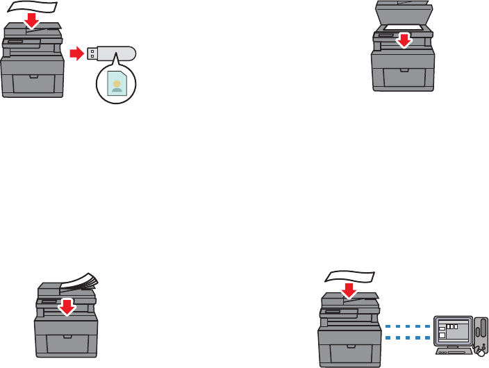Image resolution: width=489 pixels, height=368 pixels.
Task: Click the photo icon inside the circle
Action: [x=116, y=83]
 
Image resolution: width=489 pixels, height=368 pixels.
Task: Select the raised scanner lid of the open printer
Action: [x=401, y=12]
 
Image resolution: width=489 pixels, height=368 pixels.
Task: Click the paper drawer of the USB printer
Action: [x=31, y=76]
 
